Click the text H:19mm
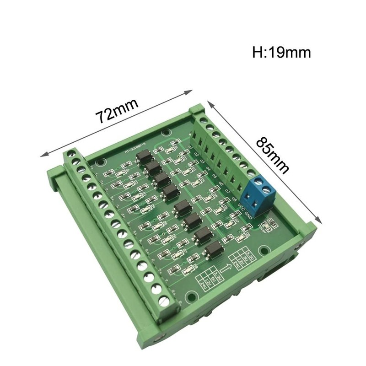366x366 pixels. [x=281, y=52]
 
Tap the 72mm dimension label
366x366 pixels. [x=117, y=109]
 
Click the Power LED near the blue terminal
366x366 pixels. [x=270, y=224]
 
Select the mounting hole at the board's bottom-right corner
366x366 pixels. [x=264, y=251]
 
